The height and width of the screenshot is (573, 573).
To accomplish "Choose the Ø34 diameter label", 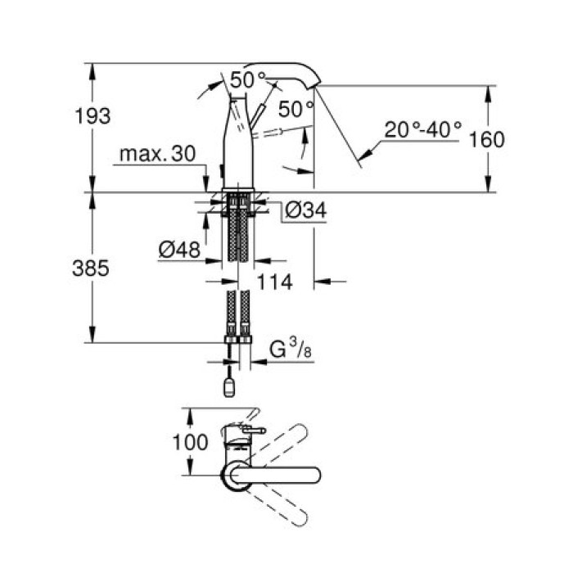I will (306, 211).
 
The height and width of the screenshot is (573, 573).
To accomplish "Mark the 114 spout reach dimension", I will (274, 282).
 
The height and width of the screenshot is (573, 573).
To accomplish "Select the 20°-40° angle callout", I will (423, 129).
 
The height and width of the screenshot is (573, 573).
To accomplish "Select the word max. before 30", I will (142, 154).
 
